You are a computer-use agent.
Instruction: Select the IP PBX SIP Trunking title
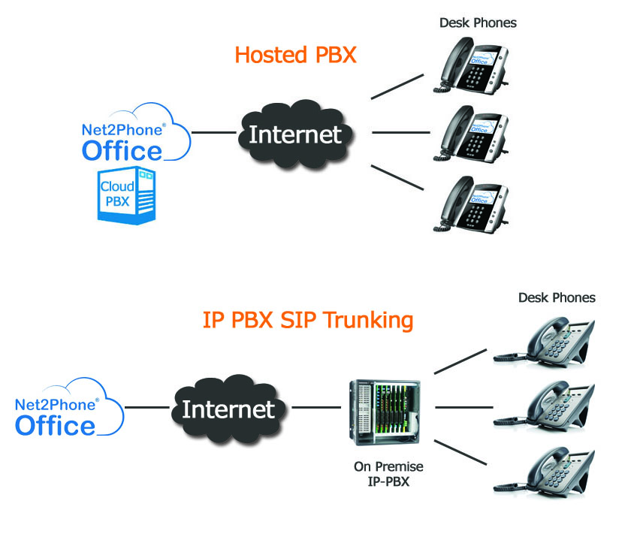click(308, 320)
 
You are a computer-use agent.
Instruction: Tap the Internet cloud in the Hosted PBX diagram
click(294, 134)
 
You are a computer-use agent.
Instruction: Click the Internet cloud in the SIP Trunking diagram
click(228, 409)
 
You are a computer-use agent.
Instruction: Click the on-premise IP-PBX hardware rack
click(385, 415)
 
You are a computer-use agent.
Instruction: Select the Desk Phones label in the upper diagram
click(478, 23)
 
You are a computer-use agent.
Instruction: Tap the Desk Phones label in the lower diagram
click(557, 297)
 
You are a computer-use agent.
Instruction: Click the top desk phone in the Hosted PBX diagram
click(472, 64)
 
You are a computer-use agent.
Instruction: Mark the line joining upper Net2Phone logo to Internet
click(213, 133)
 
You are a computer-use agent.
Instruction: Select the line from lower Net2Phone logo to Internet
click(146, 408)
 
